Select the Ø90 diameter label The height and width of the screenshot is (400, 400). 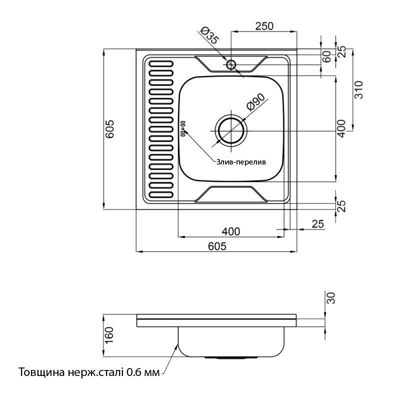click(255, 103)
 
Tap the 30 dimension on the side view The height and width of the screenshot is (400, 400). click(329, 298)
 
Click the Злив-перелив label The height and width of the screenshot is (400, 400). click(241, 162)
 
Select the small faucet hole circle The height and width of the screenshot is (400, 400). click(231, 64)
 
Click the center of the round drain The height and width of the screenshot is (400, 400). click(231, 131)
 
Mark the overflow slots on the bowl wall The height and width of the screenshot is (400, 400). click(182, 128)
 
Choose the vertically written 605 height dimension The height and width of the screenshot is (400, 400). click(110, 129)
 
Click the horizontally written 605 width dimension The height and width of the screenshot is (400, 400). click(217, 245)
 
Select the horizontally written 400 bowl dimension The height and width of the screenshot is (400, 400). click(230, 231)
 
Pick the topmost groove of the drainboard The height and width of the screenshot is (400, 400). click(160, 63)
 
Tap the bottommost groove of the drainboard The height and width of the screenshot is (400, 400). click(160, 194)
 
